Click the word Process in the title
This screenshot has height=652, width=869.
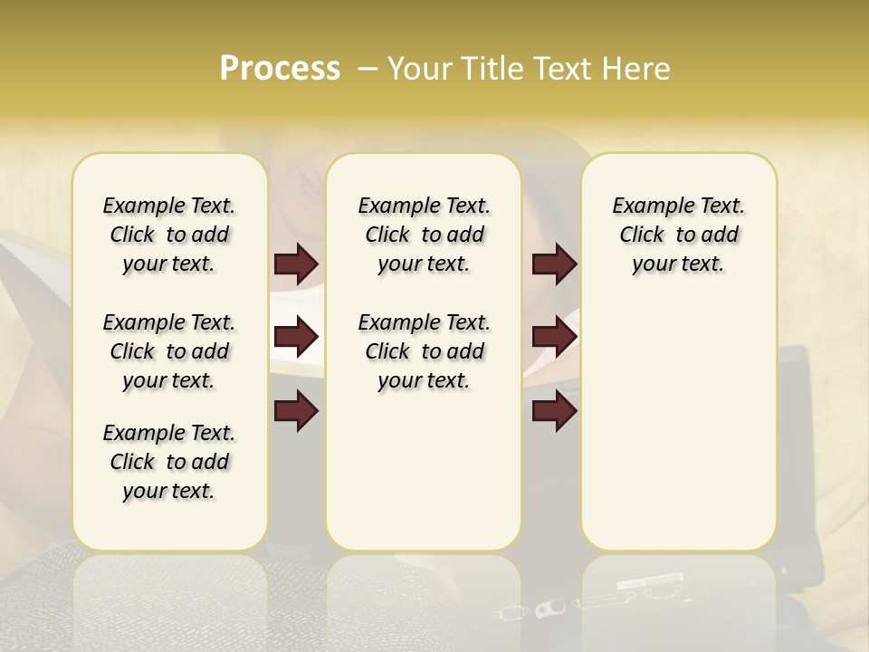coord(280,68)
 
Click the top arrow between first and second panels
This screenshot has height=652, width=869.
coord(296,264)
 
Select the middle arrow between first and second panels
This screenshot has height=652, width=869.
coord(296,337)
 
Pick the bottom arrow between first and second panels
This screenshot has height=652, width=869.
coord(296,411)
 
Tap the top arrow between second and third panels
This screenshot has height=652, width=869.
coord(554,264)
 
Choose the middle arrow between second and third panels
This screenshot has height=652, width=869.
coord(554,337)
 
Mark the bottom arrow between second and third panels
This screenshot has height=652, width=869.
coord(554,411)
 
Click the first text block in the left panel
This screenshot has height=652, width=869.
coord(169,235)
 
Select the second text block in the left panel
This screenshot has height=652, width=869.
coord(169,351)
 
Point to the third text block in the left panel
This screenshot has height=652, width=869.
coord(169,462)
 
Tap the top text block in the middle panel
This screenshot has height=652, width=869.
coord(424,235)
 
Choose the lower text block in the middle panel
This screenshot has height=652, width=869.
coord(424,351)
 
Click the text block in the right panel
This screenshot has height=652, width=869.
coord(678,235)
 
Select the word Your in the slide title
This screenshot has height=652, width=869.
coord(420,68)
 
